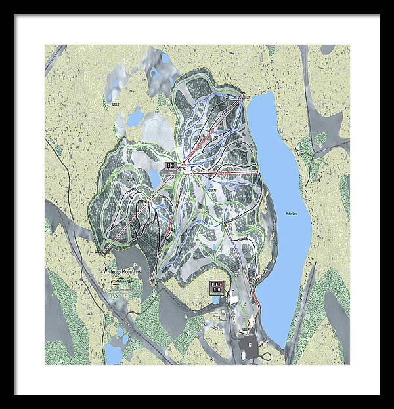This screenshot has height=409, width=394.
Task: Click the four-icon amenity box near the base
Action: (216, 287)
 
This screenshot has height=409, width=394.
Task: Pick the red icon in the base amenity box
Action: (216, 284)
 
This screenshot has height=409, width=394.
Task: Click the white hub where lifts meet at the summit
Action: (188, 168)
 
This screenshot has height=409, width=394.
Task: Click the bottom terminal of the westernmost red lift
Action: (100, 251)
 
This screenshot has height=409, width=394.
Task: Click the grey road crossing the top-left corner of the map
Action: (56, 60)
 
